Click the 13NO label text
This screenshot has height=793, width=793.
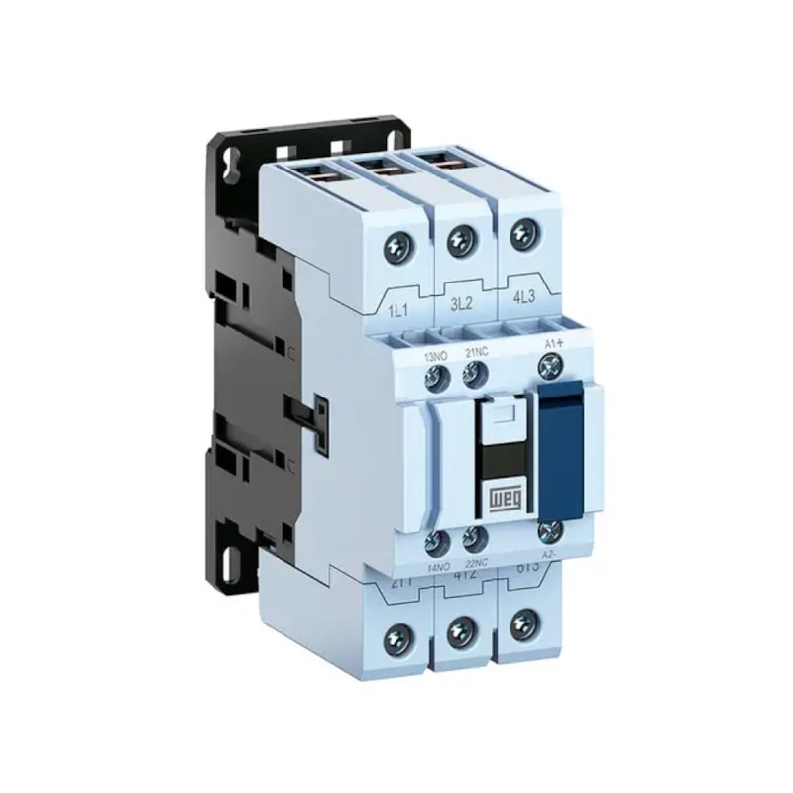pos(435,354)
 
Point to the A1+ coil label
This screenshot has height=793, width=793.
pos(554,344)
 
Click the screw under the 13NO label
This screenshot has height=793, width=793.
pos(434,376)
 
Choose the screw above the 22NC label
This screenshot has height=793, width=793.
pos(474,539)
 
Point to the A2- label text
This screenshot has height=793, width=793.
pos(552,557)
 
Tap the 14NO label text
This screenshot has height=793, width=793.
pos(437,563)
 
